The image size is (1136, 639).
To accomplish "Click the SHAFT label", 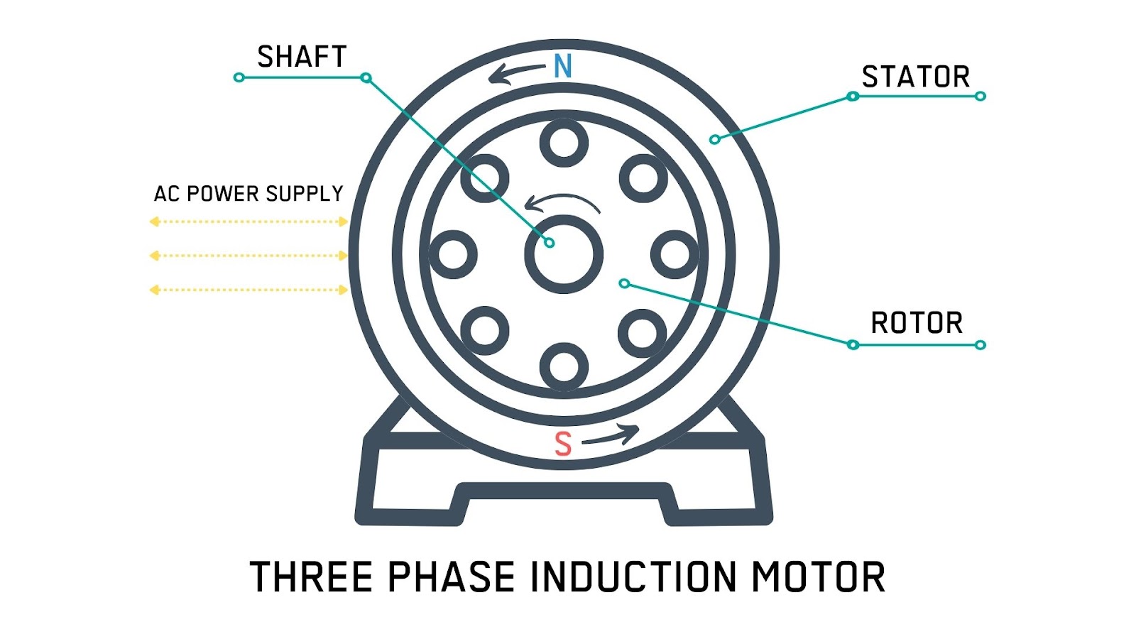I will (x=302, y=57).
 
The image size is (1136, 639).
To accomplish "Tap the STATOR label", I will (x=916, y=77).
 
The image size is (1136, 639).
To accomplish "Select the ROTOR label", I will (x=917, y=323).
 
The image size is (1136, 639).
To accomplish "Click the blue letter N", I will (x=563, y=67).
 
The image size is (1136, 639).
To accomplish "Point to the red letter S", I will (x=563, y=444).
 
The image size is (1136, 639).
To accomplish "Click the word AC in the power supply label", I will (x=167, y=194).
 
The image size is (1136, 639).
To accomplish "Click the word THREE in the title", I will (x=312, y=577).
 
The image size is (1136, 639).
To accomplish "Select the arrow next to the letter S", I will (x=611, y=435).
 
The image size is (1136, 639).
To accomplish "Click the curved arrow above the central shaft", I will (x=562, y=202).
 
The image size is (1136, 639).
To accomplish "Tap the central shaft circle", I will (x=564, y=255).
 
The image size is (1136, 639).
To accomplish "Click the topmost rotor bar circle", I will (x=564, y=143).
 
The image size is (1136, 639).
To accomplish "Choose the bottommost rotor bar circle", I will (x=564, y=367).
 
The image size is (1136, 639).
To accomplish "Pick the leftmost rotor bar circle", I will (x=454, y=254).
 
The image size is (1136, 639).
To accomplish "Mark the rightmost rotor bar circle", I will (x=674, y=254).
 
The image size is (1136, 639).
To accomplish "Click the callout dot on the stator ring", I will (x=715, y=139).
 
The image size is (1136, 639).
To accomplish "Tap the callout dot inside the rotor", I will (x=624, y=283).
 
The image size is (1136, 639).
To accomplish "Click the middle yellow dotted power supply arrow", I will (x=248, y=256).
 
